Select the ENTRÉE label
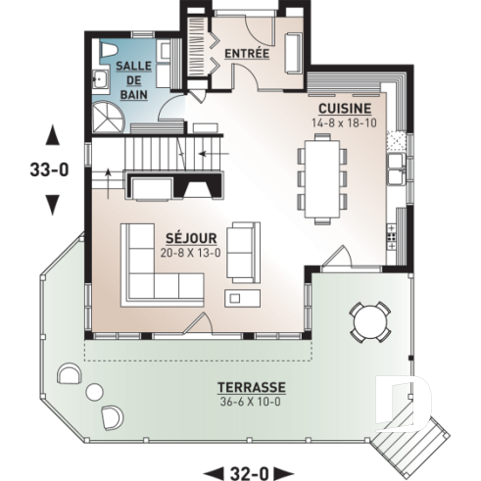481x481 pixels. point(246,53)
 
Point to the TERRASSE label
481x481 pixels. point(253,388)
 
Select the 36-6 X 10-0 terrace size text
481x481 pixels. point(253,402)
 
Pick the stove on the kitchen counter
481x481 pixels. point(394,234)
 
